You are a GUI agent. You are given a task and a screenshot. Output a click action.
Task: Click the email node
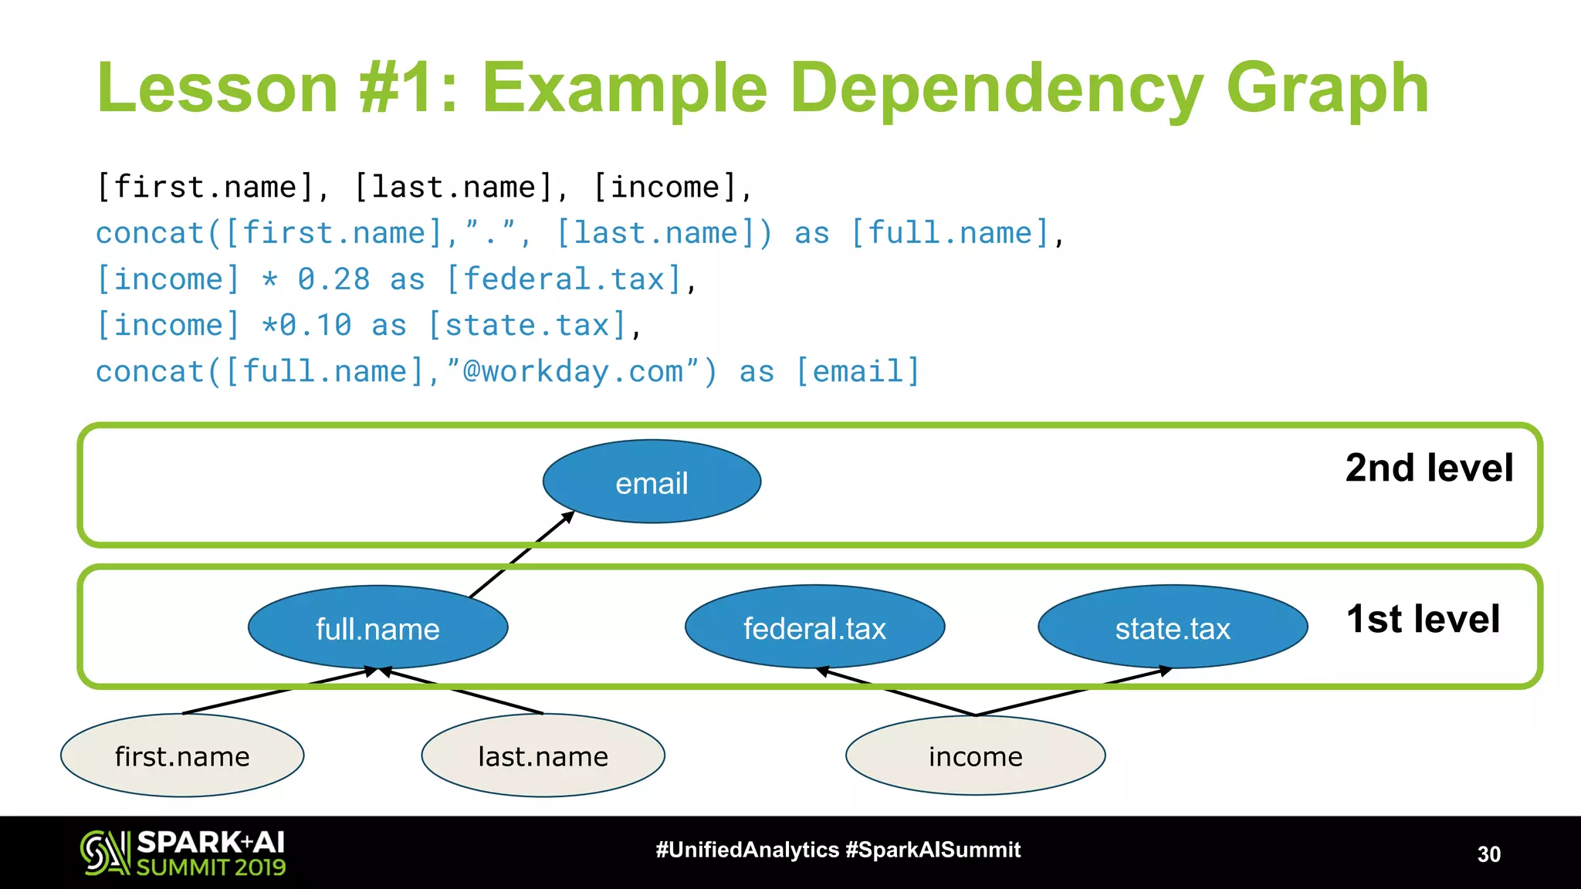[652, 482]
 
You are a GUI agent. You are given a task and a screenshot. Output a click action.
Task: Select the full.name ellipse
[377, 628]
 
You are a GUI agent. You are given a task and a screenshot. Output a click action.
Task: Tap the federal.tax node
[814, 628]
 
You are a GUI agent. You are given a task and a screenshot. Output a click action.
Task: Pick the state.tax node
[1172, 628]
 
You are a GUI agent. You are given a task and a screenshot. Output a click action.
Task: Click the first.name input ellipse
[182, 756]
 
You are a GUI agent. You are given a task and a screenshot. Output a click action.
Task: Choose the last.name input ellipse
[543, 756]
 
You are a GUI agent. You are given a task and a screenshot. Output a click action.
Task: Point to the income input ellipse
[975, 756]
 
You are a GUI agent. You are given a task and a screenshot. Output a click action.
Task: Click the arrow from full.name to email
[522, 554]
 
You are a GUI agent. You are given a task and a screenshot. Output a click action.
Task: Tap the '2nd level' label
[1429, 468]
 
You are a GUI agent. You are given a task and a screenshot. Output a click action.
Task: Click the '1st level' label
[1423, 619]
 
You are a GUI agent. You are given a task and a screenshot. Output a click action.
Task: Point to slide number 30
[1488, 854]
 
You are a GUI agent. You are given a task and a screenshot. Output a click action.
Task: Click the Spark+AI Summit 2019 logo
[183, 853]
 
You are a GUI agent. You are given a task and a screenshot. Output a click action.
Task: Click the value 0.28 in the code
[334, 279]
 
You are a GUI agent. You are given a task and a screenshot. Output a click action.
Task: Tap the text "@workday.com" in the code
[571, 372]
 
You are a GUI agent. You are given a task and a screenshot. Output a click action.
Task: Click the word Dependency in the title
[996, 89]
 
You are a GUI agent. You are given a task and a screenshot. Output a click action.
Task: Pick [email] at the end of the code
[858, 372]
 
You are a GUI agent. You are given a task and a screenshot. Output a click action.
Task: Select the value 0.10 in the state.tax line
[316, 326]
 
